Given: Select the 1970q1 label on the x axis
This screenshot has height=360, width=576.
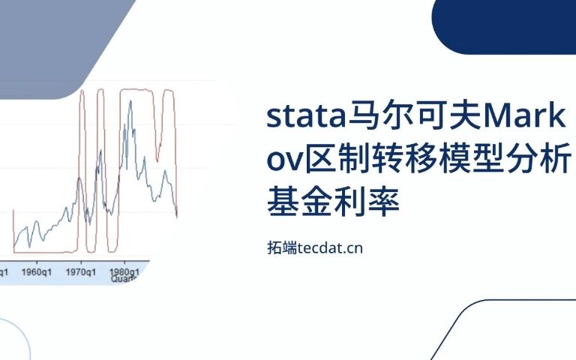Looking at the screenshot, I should [x=81, y=271].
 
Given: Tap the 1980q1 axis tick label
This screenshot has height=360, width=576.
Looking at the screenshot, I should [x=122, y=271].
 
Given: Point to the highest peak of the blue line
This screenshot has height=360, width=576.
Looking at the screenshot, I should [x=130, y=100].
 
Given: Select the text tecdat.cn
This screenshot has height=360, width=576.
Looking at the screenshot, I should [x=330, y=247].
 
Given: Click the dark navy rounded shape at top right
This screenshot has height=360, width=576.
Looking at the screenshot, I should [x=503, y=26].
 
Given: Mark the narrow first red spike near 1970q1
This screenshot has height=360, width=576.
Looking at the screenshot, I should [x=83, y=150].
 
